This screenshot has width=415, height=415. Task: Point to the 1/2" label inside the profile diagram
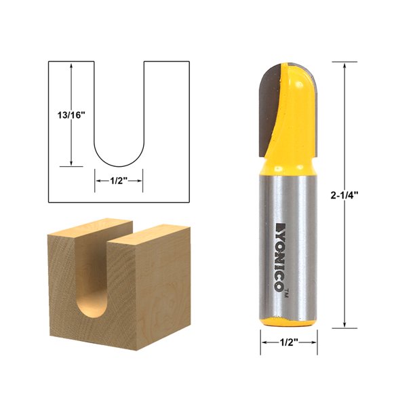[118, 180]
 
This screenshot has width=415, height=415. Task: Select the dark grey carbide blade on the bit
[269, 108]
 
